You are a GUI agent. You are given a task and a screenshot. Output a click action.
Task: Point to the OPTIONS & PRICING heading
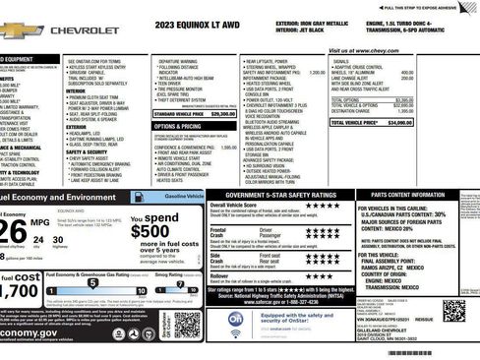[178, 127]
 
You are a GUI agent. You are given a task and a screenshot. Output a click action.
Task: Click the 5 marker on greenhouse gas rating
[90, 283]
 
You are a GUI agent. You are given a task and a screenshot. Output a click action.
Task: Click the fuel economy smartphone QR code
[187, 324]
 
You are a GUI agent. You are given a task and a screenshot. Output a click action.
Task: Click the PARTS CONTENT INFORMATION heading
[424, 195]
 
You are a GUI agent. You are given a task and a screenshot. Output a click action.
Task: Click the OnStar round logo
[236, 322]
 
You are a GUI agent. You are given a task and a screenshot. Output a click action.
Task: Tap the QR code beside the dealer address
[453, 311]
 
